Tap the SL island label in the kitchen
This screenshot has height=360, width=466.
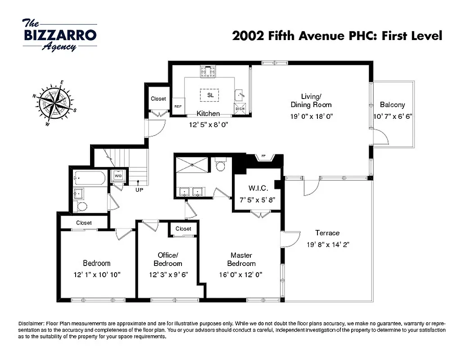pos(210,95)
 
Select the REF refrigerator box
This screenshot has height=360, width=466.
pos(177,106)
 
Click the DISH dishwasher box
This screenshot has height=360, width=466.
pos(239,108)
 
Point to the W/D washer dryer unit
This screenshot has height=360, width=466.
pos(118,176)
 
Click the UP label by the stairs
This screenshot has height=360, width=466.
pos(139,190)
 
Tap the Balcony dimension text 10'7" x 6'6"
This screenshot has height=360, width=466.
pos(393,116)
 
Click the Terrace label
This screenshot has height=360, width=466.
pos(327,233)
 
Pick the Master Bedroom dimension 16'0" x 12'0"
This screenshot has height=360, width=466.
pos(240,274)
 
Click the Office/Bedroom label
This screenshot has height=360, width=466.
pos(167,259)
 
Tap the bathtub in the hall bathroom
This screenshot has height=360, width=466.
pos(90,178)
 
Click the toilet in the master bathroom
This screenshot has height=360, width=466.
pos(220,166)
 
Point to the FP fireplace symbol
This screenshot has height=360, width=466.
pos(263,157)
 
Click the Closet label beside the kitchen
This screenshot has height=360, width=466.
pos(158,99)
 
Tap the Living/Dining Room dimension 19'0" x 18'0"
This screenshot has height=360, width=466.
pos(311,116)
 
